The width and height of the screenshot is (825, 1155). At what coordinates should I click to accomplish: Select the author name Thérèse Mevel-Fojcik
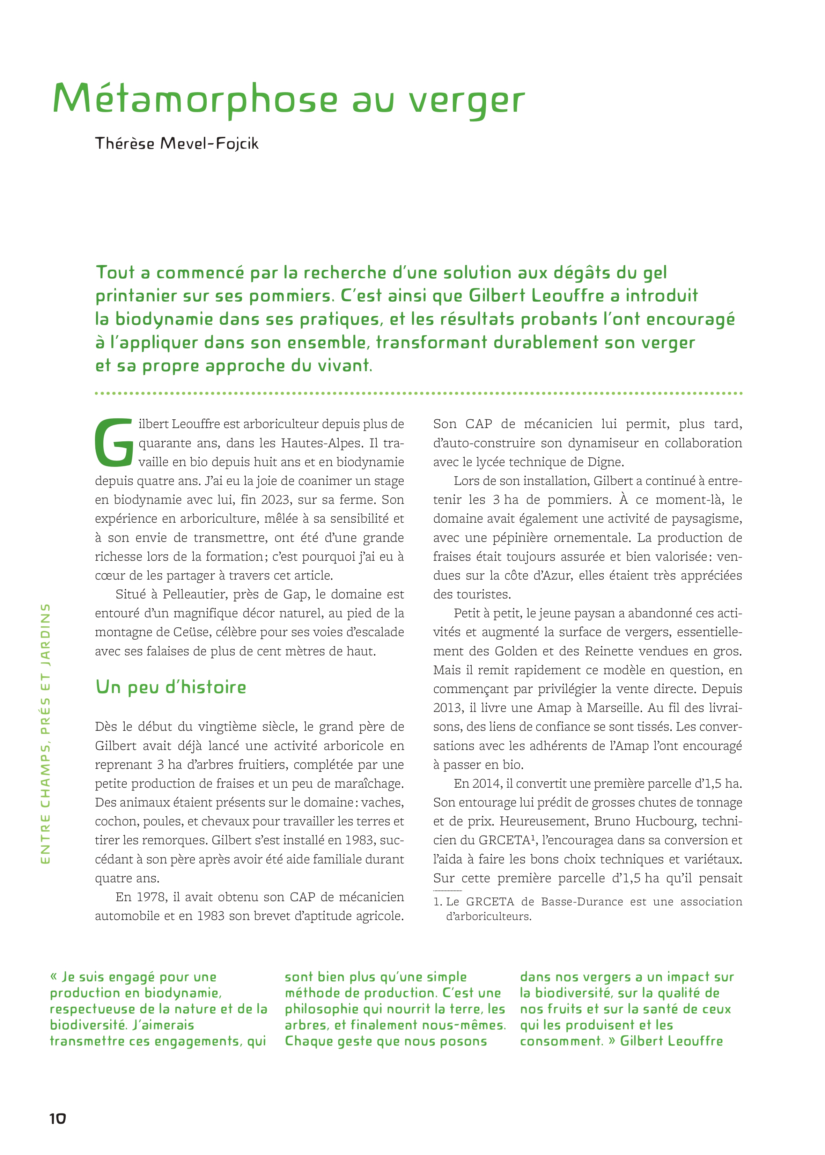[177, 144]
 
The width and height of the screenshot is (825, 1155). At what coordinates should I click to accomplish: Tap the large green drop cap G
[114, 442]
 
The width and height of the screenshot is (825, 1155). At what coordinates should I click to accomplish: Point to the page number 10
[57, 1118]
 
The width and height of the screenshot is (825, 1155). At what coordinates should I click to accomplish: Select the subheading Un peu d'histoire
[171, 687]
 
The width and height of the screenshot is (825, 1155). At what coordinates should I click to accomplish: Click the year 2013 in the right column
[448, 708]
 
